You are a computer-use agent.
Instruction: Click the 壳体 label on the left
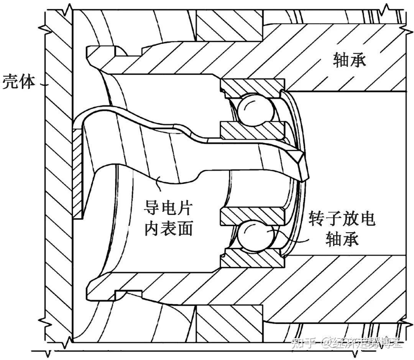[19, 82]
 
